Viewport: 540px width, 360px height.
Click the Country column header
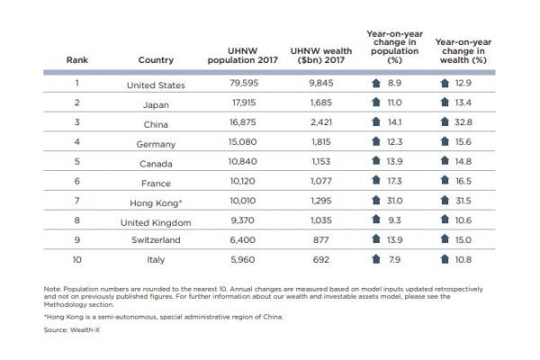pyautogui.click(x=156, y=60)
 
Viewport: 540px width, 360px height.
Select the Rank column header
pyautogui.click(x=77, y=60)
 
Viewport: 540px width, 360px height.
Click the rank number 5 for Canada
pyautogui.click(x=77, y=163)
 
